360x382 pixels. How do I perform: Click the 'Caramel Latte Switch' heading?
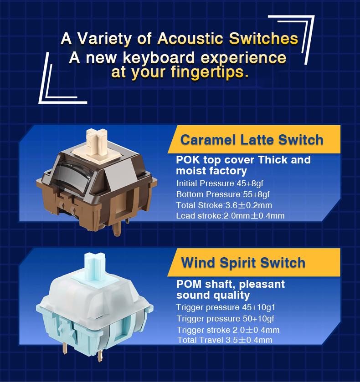[x=252, y=140]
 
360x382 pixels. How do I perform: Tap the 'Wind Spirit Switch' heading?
[x=243, y=263]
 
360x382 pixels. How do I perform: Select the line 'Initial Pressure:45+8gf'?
[x=220, y=183]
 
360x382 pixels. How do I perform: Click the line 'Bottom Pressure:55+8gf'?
[x=223, y=194]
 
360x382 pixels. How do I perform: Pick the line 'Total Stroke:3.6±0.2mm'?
[x=224, y=205]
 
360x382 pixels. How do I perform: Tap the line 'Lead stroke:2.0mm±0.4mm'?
[x=230, y=216]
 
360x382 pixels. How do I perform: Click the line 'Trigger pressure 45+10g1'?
[x=226, y=307]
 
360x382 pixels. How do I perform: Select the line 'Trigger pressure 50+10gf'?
[x=226, y=318]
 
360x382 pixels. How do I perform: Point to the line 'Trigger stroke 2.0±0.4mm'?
[x=228, y=330]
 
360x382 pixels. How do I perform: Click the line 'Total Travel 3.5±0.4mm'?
[x=225, y=340]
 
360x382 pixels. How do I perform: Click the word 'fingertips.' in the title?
[x=210, y=72]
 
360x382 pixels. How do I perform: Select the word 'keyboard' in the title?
[x=159, y=57]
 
